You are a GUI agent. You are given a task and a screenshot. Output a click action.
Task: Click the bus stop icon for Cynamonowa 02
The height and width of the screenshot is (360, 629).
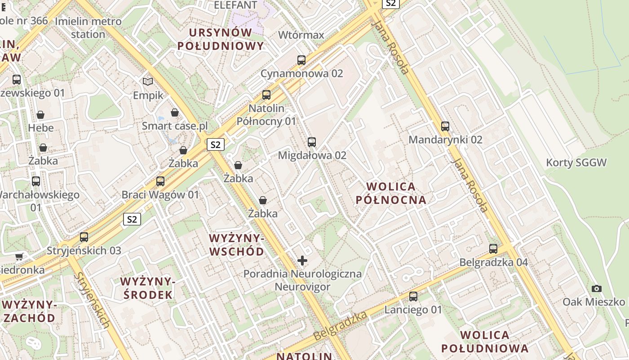(301, 60)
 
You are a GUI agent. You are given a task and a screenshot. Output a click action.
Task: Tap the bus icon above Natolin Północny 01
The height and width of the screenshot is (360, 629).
(266, 95)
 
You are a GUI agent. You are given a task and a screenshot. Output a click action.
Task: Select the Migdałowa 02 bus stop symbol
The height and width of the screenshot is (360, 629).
(312, 142)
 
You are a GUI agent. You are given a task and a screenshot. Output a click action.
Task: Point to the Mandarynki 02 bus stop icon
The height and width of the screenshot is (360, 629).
(445, 126)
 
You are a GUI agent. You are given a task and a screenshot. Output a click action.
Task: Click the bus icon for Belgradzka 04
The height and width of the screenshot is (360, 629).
(493, 249)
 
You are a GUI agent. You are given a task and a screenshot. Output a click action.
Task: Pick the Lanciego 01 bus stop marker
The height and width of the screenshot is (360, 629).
(413, 297)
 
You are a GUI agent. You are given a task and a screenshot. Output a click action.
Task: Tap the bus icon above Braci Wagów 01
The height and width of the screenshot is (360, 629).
(160, 181)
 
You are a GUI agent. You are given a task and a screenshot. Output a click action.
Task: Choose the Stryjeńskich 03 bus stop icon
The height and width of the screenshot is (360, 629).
(84, 237)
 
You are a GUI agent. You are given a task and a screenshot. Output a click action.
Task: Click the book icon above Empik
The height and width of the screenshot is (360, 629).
(148, 81)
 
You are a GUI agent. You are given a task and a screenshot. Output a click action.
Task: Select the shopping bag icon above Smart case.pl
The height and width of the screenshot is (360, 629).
(175, 112)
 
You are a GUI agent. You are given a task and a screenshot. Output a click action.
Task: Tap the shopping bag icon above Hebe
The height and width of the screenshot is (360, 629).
(40, 115)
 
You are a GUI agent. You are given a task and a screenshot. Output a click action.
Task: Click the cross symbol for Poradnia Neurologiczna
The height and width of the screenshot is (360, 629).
(302, 260)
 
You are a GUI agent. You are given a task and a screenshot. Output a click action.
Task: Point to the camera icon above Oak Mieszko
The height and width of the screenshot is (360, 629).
(597, 288)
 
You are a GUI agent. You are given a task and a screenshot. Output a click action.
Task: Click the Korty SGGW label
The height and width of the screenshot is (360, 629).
(576, 162)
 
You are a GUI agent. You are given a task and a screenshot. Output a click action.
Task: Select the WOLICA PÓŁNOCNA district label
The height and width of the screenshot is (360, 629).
(391, 193)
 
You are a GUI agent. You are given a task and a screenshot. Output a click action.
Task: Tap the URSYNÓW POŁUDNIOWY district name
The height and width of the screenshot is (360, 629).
(220, 39)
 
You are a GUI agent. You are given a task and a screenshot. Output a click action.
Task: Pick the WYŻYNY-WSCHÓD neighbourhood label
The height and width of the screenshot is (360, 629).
(237, 245)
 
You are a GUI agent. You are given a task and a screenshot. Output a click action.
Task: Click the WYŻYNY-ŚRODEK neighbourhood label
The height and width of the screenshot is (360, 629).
(147, 288)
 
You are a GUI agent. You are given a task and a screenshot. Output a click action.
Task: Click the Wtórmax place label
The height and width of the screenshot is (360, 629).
(301, 35)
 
